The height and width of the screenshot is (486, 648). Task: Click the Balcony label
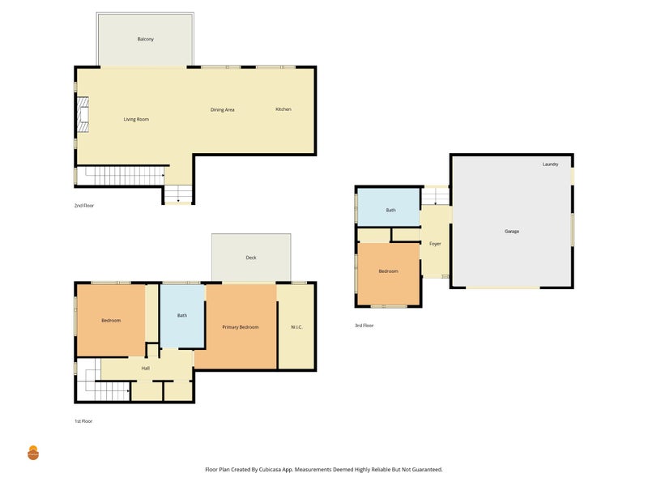pos(146,39)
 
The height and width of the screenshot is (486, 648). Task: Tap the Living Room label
pos(136,119)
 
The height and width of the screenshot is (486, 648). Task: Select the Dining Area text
pos(222,109)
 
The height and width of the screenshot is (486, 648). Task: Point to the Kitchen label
pos(283,109)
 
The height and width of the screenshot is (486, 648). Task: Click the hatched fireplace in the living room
pos(83,114)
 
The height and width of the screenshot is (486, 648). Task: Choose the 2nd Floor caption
pos(84,206)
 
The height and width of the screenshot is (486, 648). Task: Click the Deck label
pos(251,258)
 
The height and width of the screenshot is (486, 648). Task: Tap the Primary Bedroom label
pos(241,327)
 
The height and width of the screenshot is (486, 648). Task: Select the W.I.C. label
pos(296,327)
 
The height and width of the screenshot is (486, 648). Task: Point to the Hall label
pos(146,368)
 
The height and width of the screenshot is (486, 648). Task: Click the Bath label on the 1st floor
pos(182,315)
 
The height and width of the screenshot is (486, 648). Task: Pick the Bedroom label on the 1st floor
pos(111,320)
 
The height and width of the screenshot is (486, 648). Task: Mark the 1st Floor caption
pos(83,421)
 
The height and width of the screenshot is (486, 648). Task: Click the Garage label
pos(512,231)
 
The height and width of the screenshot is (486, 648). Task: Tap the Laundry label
pos(551,164)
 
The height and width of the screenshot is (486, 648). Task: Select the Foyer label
pos(435,244)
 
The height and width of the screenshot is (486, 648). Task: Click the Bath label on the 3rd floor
pos(391,210)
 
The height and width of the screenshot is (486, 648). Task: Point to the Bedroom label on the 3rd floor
pos(389,271)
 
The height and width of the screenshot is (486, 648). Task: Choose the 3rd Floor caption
pos(364,326)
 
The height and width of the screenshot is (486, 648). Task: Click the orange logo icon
pos(33,453)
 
